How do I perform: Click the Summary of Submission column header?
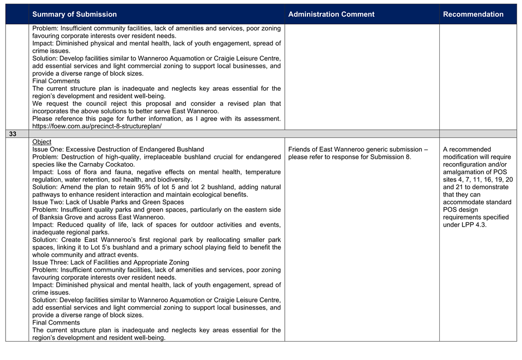tap(74, 14)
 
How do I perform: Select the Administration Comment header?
tap(331, 14)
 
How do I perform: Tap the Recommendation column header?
tap(473, 14)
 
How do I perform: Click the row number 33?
tap(12, 134)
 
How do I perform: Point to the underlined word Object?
tap(42, 142)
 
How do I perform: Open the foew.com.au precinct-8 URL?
tap(97, 126)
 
